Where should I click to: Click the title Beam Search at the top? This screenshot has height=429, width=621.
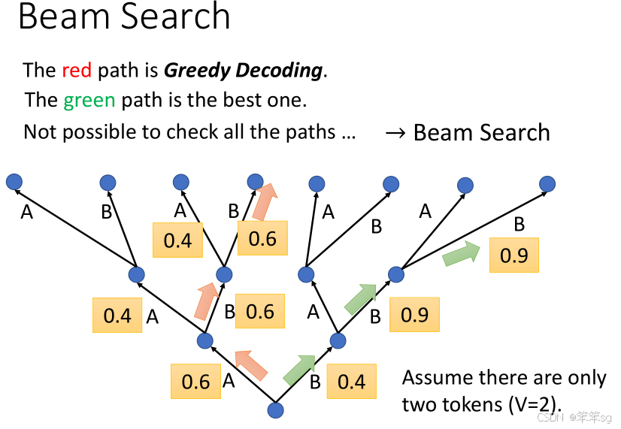point(124,17)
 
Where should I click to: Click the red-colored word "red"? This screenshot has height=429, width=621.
point(76,71)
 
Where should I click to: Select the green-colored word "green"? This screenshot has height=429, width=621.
point(89,100)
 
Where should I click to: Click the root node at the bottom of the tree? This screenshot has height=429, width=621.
point(276,409)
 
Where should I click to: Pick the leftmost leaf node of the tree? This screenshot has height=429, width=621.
point(14,181)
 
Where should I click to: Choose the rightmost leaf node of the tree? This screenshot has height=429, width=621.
point(547,183)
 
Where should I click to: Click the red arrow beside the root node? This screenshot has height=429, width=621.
point(252,365)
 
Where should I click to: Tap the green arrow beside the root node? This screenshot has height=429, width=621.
point(299,370)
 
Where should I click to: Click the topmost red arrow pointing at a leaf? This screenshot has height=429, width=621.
point(264,203)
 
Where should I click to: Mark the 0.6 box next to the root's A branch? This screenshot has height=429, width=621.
point(195,382)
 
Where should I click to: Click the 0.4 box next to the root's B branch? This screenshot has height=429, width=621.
point(351,382)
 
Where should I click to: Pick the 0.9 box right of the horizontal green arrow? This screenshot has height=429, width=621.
point(514,255)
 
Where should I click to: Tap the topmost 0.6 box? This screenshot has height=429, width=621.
point(262,239)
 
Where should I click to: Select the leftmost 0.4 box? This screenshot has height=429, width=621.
point(117,316)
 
